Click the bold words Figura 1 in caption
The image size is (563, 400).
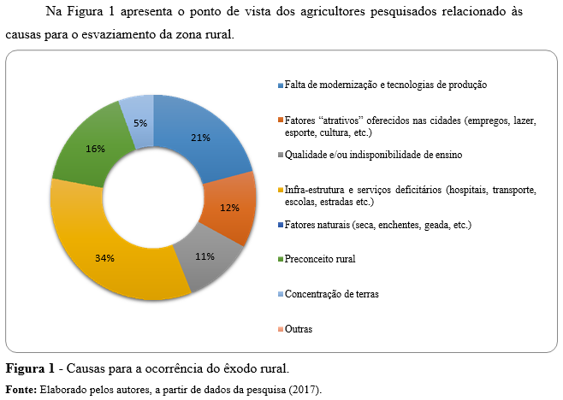28,369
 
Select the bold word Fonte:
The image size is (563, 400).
20,389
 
